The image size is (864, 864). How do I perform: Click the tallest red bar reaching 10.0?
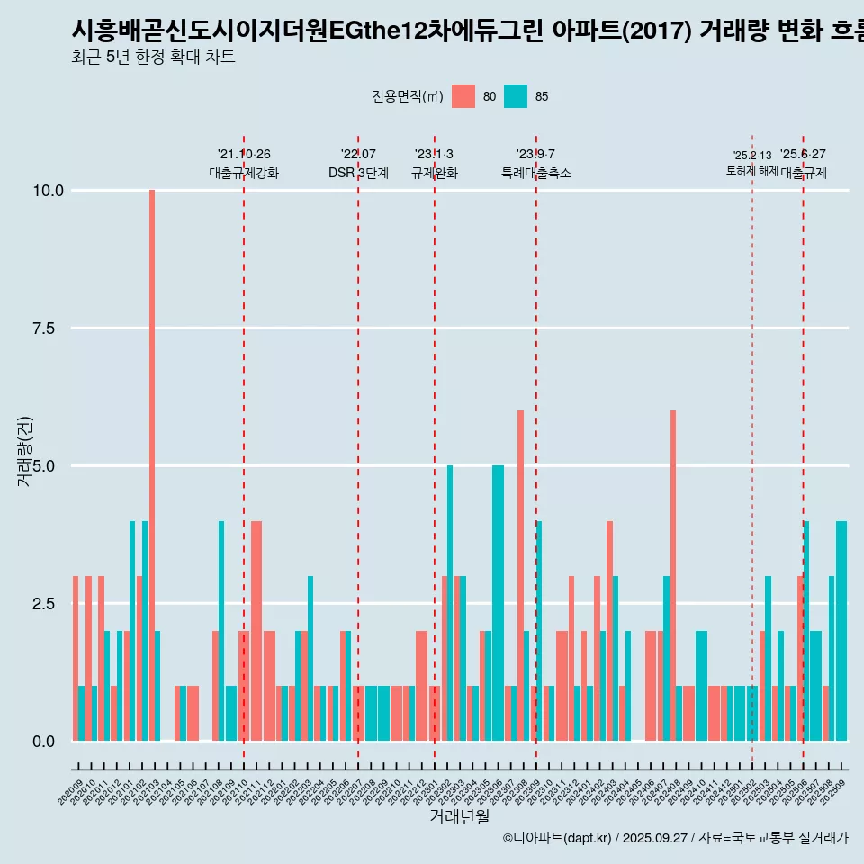click(152, 465)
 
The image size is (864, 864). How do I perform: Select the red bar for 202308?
click(520, 576)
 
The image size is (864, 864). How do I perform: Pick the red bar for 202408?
click(673, 576)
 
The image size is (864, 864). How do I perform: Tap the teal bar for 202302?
click(450, 603)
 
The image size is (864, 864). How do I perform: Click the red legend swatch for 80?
click(463, 96)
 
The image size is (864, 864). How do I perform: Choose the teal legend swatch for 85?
click(516, 96)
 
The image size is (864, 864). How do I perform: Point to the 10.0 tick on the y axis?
click(49, 191)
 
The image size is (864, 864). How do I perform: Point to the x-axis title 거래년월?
click(459, 816)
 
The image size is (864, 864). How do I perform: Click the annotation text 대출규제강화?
click(244, 173)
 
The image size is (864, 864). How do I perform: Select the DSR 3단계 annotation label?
click(358, 173)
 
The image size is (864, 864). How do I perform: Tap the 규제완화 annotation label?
click(435, 173)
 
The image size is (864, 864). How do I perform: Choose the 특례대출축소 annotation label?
click(536, 173)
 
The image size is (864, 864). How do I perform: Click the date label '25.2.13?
click(752, 156)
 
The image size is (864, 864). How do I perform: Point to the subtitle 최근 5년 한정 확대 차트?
click(153, 58)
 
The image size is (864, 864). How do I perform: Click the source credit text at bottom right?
click(675, 838)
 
